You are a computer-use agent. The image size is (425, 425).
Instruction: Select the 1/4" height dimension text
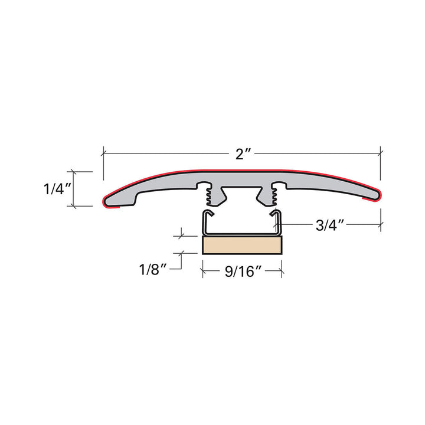(58, 189)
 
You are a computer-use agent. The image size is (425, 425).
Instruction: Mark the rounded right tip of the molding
(375, 195)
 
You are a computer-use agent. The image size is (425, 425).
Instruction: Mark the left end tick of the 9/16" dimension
(202, 272)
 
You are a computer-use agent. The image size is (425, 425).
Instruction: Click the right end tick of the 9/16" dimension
(282, 272)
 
